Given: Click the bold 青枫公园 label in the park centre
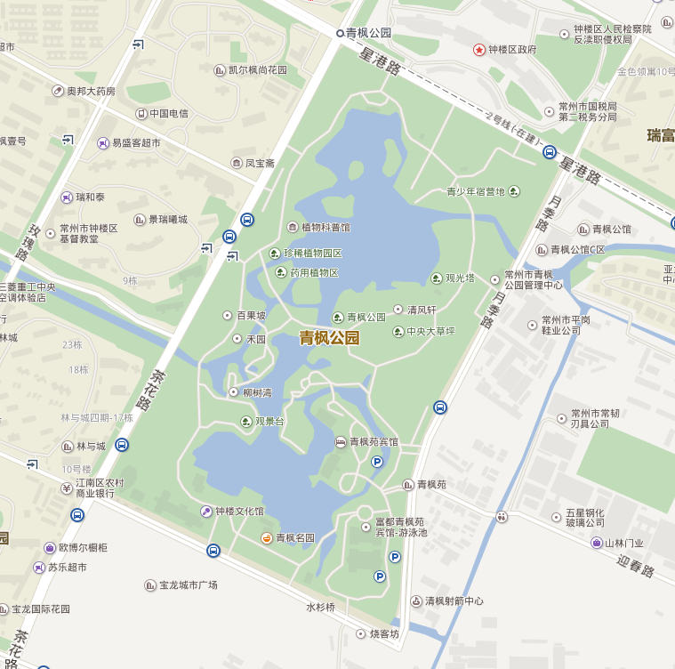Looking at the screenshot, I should [329, 338].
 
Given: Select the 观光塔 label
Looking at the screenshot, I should [461, 278].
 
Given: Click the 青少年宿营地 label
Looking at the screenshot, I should [475, 191].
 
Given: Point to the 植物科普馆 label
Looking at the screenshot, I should [325, 228].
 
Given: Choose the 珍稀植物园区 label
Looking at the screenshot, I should [312, 254].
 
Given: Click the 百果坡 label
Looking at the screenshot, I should [251, 315].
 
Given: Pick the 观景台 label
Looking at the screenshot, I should [269, 421].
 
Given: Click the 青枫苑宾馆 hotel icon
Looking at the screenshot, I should [341, 442].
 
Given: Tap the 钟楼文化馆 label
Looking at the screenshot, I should [239, 512].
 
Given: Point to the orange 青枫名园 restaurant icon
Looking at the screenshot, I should [266, 537].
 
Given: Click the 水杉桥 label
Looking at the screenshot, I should [320, 608].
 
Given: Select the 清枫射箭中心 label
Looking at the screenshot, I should [454, 601].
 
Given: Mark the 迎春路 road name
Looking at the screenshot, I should [635, 566].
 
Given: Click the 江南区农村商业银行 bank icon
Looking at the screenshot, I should [67, 488].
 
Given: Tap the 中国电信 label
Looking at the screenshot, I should [168, 114].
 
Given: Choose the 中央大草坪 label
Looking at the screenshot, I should [430, 332].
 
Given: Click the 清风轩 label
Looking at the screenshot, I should [422, 310].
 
